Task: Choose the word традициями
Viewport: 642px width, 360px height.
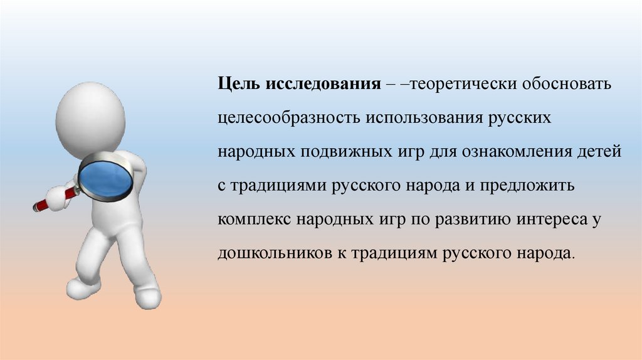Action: (278, 186)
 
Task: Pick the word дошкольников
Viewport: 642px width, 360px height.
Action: (273, 253)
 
